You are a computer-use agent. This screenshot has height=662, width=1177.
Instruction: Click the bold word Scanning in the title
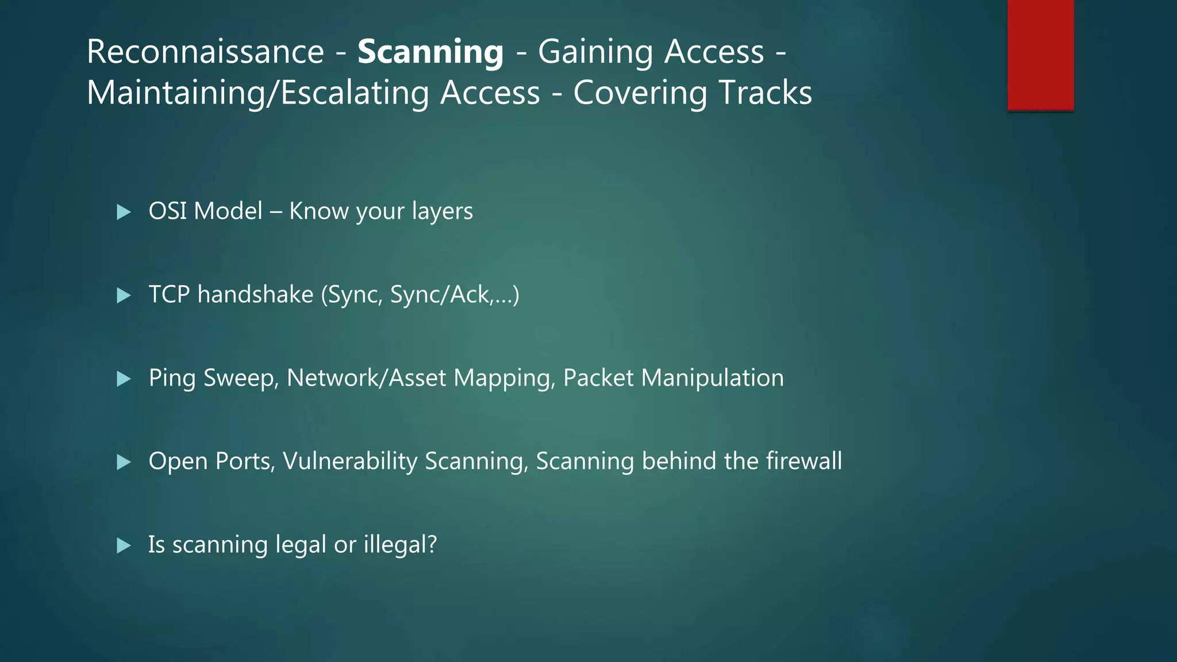point(430,52)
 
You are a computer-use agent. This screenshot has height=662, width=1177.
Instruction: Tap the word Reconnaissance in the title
point(205,52)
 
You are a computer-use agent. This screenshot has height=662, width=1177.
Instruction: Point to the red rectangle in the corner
point(1040,55)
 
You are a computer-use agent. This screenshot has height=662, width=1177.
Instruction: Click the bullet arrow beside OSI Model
point(124,212)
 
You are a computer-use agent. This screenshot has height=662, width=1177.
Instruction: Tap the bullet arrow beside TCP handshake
point(124,295)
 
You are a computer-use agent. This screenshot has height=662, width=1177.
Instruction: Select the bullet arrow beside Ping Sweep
point(124,379)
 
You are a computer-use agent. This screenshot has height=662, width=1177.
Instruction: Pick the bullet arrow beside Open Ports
point(124,462)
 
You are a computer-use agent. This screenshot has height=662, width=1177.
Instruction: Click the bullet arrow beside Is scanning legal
point(124,545)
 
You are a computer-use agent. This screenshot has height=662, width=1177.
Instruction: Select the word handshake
point(255,294)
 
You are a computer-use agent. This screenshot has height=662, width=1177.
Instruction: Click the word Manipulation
point(712,378)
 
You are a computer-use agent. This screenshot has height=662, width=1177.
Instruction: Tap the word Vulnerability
point(350,461)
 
